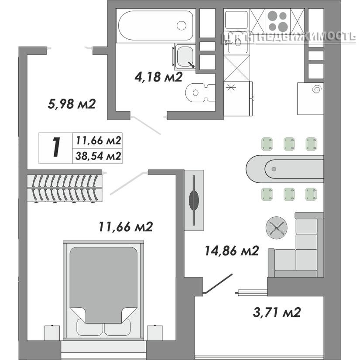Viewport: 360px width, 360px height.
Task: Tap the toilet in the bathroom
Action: click(199, 92)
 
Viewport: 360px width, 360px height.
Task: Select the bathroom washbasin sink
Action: click(186, 56)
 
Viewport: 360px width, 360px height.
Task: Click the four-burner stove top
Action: click(278, 20)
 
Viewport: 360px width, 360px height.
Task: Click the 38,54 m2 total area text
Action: click(98, 156)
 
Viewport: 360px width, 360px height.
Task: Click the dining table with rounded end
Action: click(284, 169)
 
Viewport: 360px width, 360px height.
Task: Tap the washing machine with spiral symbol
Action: click(310, 99)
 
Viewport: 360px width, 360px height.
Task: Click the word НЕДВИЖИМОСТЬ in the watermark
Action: click(308, 38)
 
